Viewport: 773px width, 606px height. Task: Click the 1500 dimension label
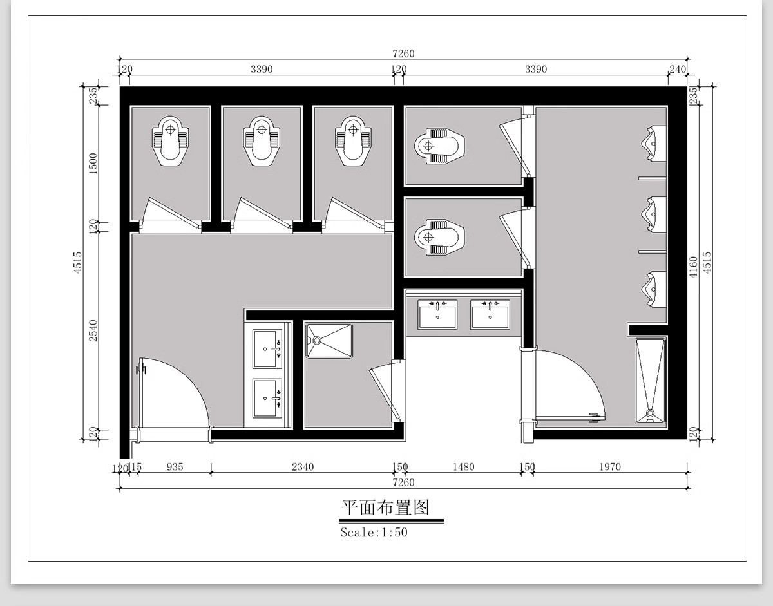pyautogui.click(x=93, y=164)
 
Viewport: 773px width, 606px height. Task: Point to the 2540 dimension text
pyautogui.click(x=93, y=330)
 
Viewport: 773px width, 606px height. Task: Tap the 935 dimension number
pyautogui.click(x=175, y=467)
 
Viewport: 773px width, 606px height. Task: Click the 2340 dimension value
pyautogui.click(x=302, y=467)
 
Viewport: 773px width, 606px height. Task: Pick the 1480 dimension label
pyautogui.click(x=463, y=467)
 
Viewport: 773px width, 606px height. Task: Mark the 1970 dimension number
pyautogui.click(x=609, y=467)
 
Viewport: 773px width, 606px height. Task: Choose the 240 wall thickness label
pyautogui.click(x=678, y=70)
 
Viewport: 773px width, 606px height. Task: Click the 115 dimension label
pyautogui.click(x=135, y=467)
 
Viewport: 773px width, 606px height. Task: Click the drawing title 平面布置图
pyautogui.click(x=385, y=508)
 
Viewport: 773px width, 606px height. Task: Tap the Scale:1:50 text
pyautogui.click(x=374, y=533)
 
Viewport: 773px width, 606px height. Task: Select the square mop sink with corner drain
pyautogui.click(x=329, y=341)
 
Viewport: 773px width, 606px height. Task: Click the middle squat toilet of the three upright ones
pyautogui.click(x=261, y=140)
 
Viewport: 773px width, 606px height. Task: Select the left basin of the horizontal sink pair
pyautogui.click(x=437, y=314)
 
